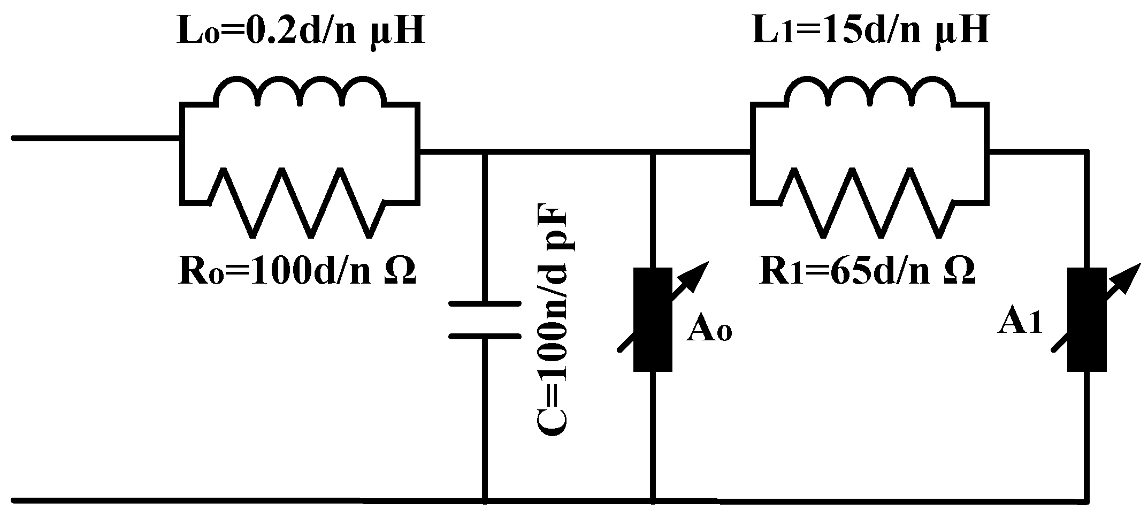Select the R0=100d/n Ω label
point(296,271)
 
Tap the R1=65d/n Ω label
point(868,271)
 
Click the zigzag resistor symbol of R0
point(297,203)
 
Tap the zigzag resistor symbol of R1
point(868,203)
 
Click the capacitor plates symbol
point(485,320)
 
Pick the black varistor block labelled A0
point(653,320)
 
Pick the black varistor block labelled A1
point(1086,320)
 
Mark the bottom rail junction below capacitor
point(485,501)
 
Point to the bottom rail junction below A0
point(653,501)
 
